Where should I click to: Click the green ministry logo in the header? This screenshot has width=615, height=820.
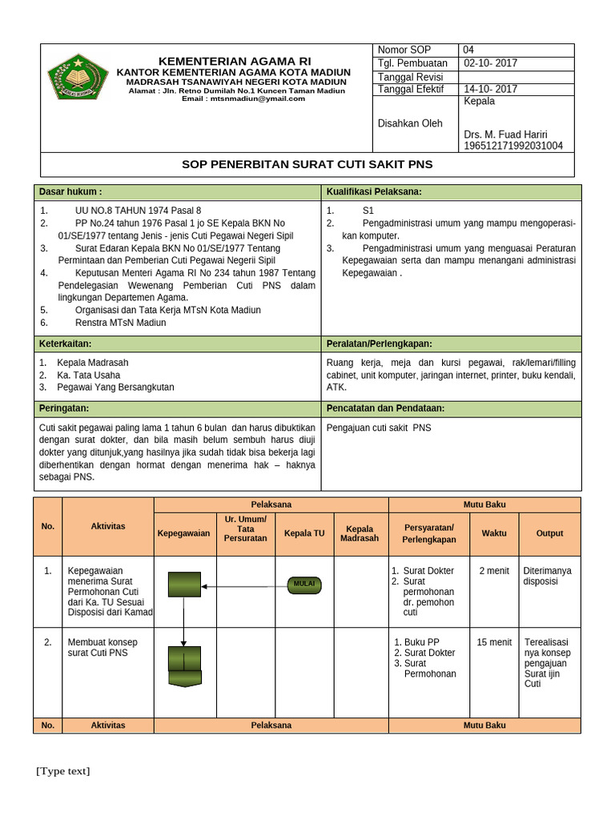click(78, 78)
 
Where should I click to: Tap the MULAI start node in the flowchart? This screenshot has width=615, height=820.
click(304, 585)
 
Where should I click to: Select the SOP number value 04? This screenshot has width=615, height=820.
click(468, 50)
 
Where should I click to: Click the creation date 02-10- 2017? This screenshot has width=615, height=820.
click(490, 63)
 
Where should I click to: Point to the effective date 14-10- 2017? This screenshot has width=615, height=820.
click(490, 89)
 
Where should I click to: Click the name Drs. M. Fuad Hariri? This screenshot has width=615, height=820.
click(505, 134)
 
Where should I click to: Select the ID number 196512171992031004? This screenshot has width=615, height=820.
click(513, 146)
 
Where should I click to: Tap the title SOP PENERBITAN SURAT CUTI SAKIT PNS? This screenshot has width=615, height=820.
click(307, 164)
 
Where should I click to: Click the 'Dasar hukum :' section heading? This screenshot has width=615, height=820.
click(70, 192)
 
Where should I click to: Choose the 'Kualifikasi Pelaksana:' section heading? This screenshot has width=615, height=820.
click(374, 192)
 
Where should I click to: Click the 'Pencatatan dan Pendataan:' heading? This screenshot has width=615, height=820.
click(385, 408)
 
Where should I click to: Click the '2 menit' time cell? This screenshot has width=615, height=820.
click(494, 571)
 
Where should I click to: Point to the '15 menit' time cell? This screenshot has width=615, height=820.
click(494, 642)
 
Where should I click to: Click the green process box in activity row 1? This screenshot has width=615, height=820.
click(184, 585)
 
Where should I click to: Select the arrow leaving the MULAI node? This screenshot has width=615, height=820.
click(244, 586)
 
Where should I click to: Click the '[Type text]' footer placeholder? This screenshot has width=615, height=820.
click(62, 771)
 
